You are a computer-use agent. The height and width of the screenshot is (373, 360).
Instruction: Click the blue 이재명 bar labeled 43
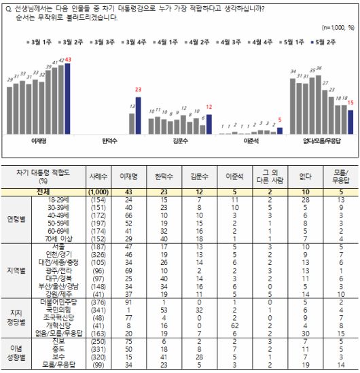(x=68, y=99)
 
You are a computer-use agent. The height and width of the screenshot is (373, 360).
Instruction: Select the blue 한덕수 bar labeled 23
(x=139, y=116)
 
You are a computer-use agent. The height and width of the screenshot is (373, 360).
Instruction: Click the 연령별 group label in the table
(x=15, y=219)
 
